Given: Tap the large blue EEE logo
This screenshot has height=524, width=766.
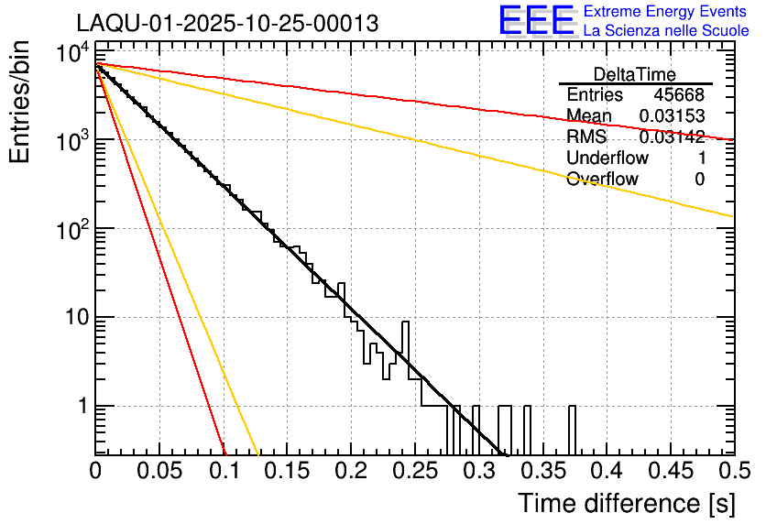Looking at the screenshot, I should pos(536,21).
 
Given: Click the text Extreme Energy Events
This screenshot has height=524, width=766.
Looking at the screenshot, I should pos(666,12).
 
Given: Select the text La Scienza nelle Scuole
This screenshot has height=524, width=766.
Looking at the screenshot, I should pos(666,30).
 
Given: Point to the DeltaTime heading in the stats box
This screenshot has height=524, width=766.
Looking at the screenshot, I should pos(635,74).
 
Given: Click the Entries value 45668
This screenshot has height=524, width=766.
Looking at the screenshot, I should pos(679,95).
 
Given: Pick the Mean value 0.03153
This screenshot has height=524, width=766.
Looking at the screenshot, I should pos(672,116).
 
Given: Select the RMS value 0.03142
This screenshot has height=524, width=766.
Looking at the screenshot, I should pos(672,137).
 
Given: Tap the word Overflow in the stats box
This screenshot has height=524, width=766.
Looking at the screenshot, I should pos(602,180).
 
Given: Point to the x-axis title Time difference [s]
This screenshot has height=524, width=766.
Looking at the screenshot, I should pos(626,503).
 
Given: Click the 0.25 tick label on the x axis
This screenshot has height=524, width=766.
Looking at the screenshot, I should pos(414,471).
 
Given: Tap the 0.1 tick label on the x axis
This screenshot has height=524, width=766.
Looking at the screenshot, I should pos(223,471).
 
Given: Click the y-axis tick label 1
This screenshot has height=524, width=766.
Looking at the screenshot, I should pos(79,406).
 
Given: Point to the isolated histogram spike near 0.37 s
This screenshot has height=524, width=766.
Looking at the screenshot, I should pos(573,429).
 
